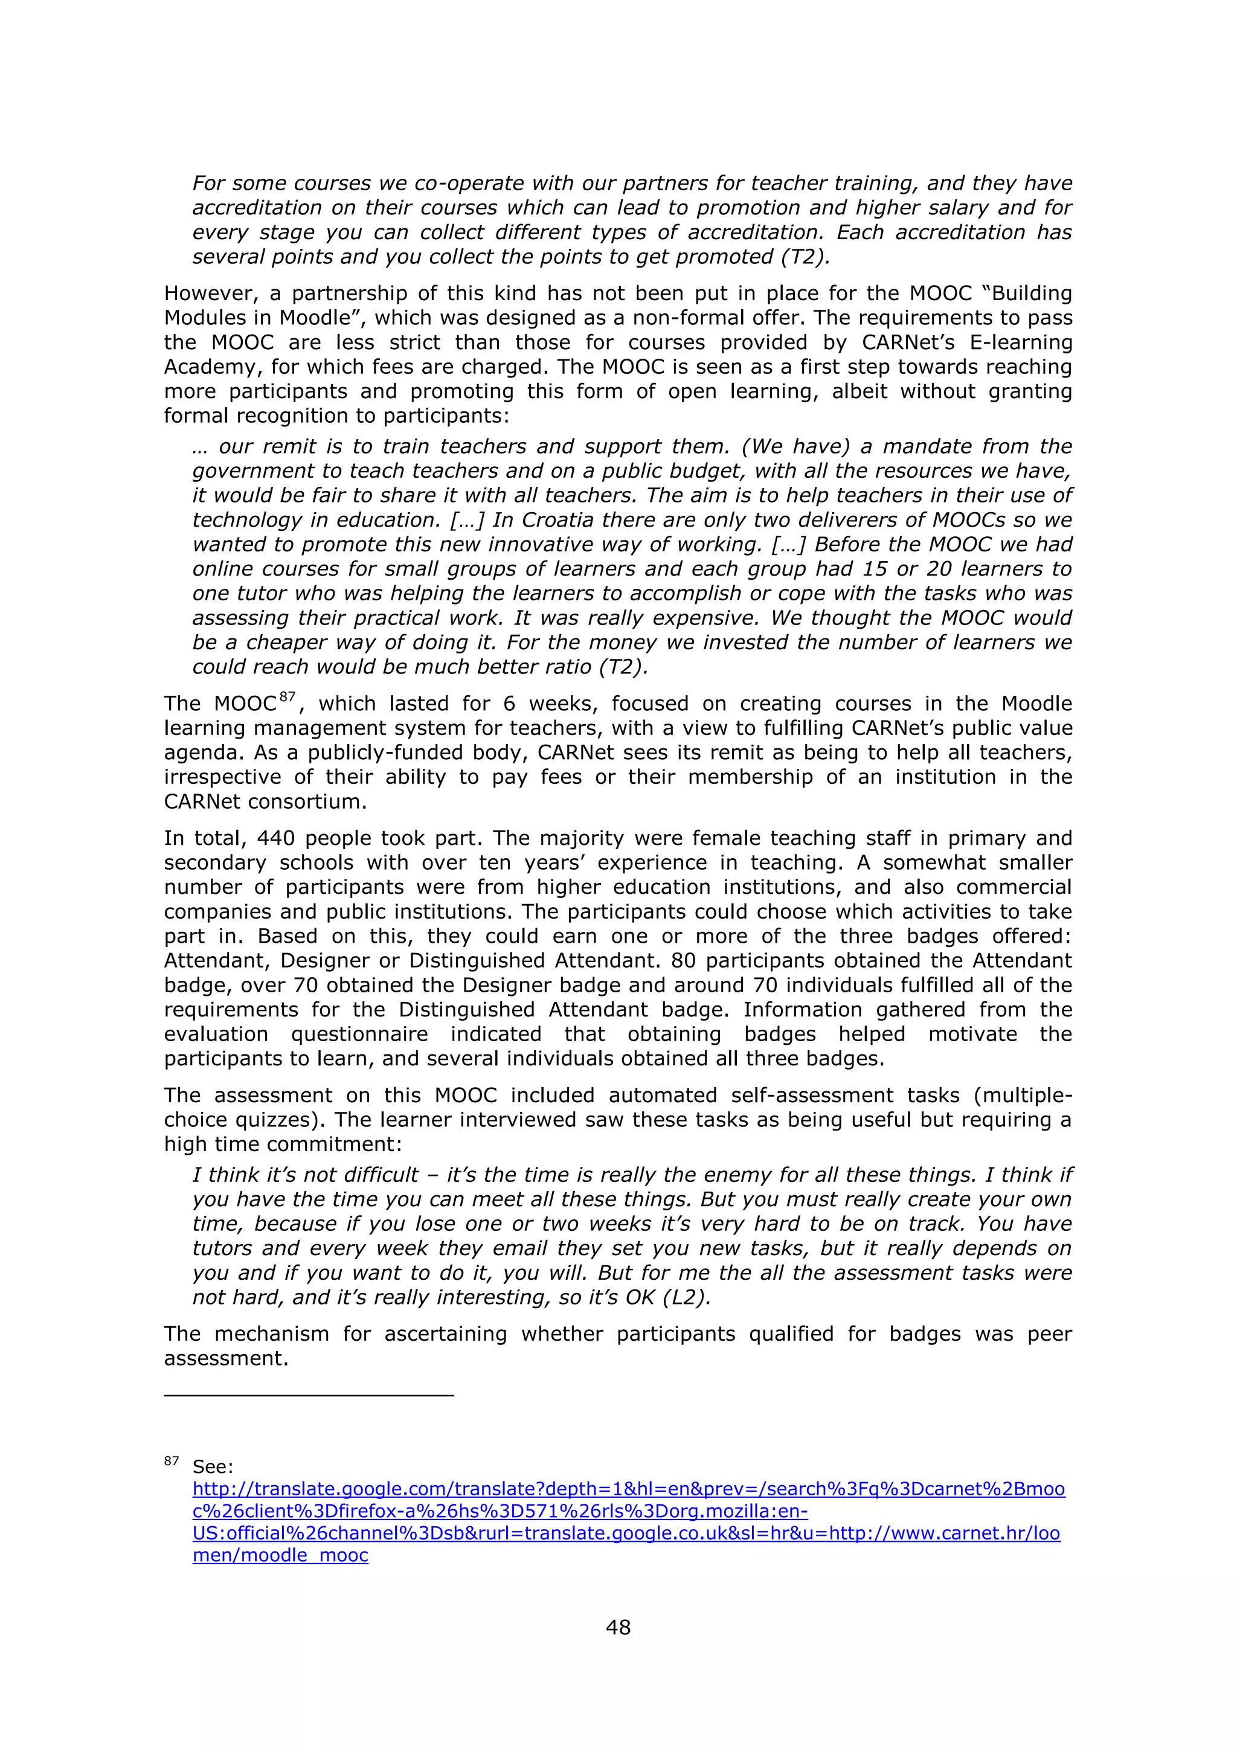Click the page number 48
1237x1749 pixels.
(618, 1627)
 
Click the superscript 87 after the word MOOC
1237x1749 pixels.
(287, 696)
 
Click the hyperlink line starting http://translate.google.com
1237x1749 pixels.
(628, 1489)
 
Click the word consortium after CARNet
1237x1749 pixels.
(307, 801)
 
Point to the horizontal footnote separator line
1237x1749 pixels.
(309, 1394)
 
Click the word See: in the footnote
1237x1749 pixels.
(213, 1466)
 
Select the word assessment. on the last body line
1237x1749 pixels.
(227, 1358)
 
